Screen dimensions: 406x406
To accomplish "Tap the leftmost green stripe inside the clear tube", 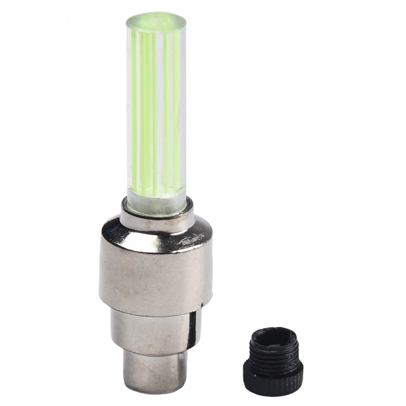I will pyautogui.click(x=134, y=106).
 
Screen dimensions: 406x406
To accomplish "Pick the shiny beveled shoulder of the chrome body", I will pyautogui.click(x=156, y=235).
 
